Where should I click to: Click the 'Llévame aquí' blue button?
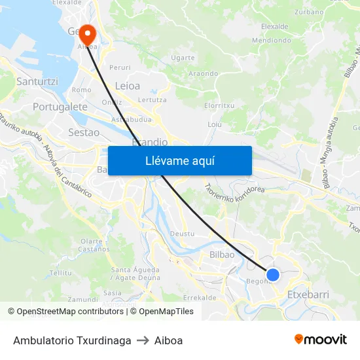179,160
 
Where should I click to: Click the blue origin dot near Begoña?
273,275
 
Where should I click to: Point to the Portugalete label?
60,106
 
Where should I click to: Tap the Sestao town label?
84,132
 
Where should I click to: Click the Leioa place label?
127,86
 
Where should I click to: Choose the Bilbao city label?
222,254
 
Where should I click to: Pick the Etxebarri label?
308,295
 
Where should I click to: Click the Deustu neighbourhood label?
182,234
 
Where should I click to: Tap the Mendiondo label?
271,40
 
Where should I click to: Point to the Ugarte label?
183,58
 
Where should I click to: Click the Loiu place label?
214,124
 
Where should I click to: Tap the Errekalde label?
200,297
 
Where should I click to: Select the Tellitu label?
61,272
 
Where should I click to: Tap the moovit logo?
321,339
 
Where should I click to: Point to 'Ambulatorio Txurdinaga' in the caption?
72,340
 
